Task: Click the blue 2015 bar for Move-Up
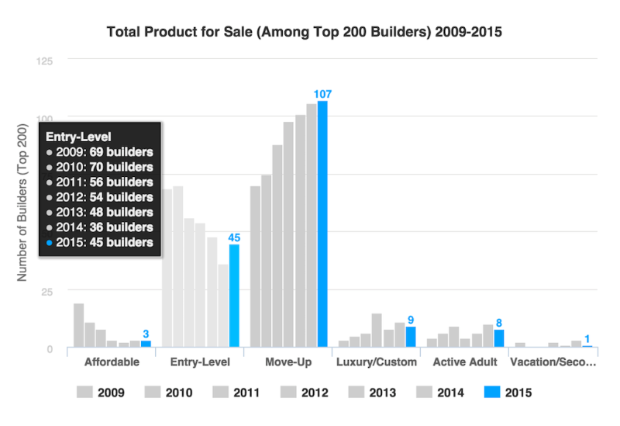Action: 322,224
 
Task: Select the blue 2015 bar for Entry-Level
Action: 234,296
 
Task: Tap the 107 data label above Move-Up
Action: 322,94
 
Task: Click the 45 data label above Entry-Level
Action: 234,237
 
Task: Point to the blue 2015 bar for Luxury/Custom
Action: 411,337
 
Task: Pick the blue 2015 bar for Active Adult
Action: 499,338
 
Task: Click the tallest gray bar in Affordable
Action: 79,325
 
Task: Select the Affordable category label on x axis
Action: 112,362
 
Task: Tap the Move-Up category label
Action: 288,362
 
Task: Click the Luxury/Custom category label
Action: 377,362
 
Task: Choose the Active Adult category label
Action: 465,362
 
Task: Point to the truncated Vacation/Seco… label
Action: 553,362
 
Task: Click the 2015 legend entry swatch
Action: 492,392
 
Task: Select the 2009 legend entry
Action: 101,393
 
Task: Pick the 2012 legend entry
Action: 304,393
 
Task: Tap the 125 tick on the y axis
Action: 44,61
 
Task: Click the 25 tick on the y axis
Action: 46,293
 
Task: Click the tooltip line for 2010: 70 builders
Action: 100,167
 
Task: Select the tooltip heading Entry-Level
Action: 78,137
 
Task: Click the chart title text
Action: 304,32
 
